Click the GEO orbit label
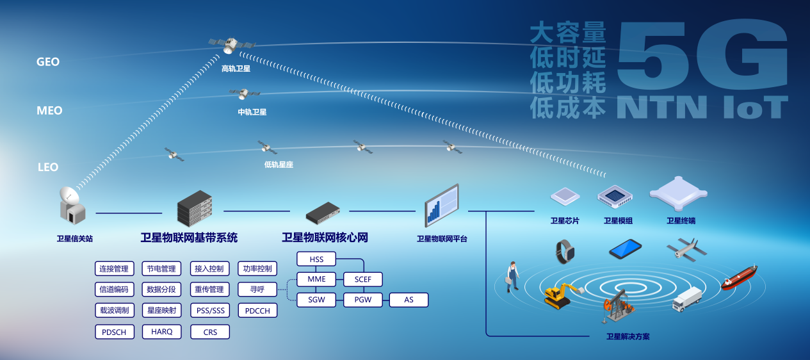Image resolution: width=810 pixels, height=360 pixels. coord(48,62)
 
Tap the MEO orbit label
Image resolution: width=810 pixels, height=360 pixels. coord(49,111)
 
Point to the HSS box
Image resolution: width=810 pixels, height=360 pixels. coord(316,259)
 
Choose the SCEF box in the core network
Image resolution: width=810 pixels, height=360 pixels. coord(363,279)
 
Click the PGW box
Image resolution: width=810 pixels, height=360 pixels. coord(363,300)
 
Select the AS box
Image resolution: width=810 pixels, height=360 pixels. coord(409,300)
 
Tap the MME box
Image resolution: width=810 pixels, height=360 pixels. coord(316,279)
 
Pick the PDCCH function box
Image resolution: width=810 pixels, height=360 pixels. coord(258,311)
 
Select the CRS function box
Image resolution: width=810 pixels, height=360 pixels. coord(210,332)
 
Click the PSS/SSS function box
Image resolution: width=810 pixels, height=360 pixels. coord(210,311)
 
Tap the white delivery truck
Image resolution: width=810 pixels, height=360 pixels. coord(686,299)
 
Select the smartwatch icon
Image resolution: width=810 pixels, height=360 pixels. coord(564,251)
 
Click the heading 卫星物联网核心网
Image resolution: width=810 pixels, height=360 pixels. coord(325,238)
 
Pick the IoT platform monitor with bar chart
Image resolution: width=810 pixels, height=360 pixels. coord(441,204)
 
